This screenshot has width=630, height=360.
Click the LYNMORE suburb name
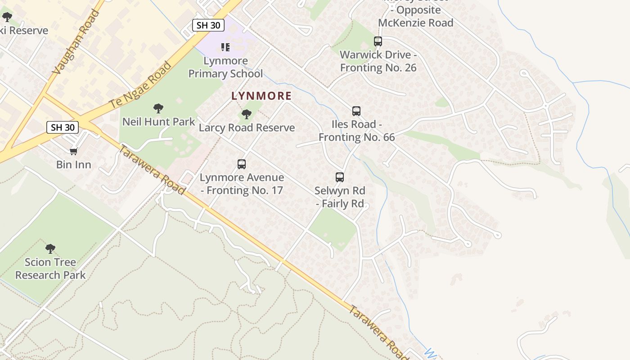(261, 96)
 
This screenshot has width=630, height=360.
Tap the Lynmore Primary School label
(225, 67)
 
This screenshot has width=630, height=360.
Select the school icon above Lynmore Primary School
(225, 47)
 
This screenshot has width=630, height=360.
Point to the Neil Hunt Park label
(159, 121)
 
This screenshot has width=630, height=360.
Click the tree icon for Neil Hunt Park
(158, 108)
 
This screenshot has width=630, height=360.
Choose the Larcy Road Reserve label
(247, 128)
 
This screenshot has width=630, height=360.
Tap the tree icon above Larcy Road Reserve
(246, 114)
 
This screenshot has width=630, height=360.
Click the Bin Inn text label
(74, 165)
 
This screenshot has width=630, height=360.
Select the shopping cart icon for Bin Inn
(74, 151)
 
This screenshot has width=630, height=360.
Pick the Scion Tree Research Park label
(50, 269)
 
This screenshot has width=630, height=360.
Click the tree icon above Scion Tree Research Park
(50, 248)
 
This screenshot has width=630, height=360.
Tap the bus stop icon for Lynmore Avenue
(242, 164)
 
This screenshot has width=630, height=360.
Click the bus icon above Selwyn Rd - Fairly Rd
(340, 177)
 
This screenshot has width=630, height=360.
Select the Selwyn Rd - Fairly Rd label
(340, 197)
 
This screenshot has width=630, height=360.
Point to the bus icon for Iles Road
(356, 111)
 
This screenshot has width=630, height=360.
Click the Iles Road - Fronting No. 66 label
(356, 130)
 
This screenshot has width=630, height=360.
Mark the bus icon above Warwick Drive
(378, 41)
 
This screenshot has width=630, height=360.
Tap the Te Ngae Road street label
(141, 85)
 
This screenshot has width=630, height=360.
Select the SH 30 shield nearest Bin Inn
(63, 127)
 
